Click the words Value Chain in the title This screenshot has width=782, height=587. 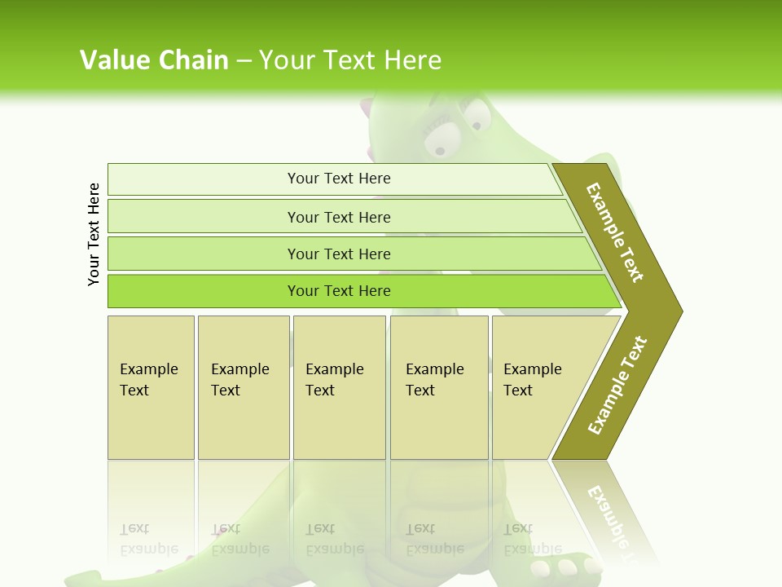154,60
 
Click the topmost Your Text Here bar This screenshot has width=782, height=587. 339,179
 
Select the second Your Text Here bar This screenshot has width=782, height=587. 339,217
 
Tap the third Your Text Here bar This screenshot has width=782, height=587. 339,254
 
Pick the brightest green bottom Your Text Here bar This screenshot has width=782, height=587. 339,291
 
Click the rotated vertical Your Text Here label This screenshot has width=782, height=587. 94,234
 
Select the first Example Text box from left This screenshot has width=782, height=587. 151,387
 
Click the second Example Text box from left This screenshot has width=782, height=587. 243,387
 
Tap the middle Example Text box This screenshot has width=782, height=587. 339,387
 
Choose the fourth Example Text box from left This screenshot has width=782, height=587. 438,387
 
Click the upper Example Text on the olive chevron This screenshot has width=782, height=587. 615,232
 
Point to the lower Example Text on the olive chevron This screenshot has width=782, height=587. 617,385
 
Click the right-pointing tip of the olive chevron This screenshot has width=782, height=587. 677,311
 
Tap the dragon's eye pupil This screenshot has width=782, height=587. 441,150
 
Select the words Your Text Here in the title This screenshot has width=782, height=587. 349,60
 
